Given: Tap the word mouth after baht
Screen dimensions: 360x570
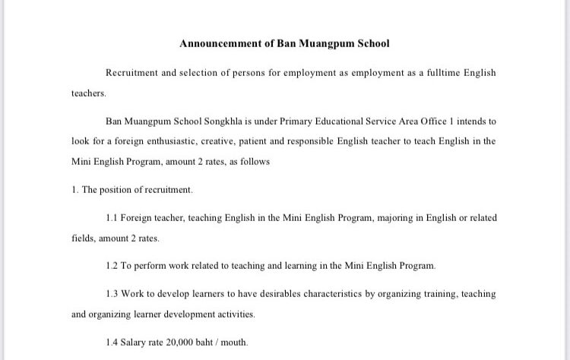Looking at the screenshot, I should tap(234, 343).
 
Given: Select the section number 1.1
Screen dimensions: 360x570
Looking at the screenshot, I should tap(112, 217).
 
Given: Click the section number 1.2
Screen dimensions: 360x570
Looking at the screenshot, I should tap(112, 266).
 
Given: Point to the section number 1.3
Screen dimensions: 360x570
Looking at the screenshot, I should tap(112, 294).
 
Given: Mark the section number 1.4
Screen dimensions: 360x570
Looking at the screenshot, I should tap(112, 343).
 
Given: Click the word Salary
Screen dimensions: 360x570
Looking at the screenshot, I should tap(137, 343).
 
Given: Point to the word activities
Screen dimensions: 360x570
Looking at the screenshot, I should tap(233, 314).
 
